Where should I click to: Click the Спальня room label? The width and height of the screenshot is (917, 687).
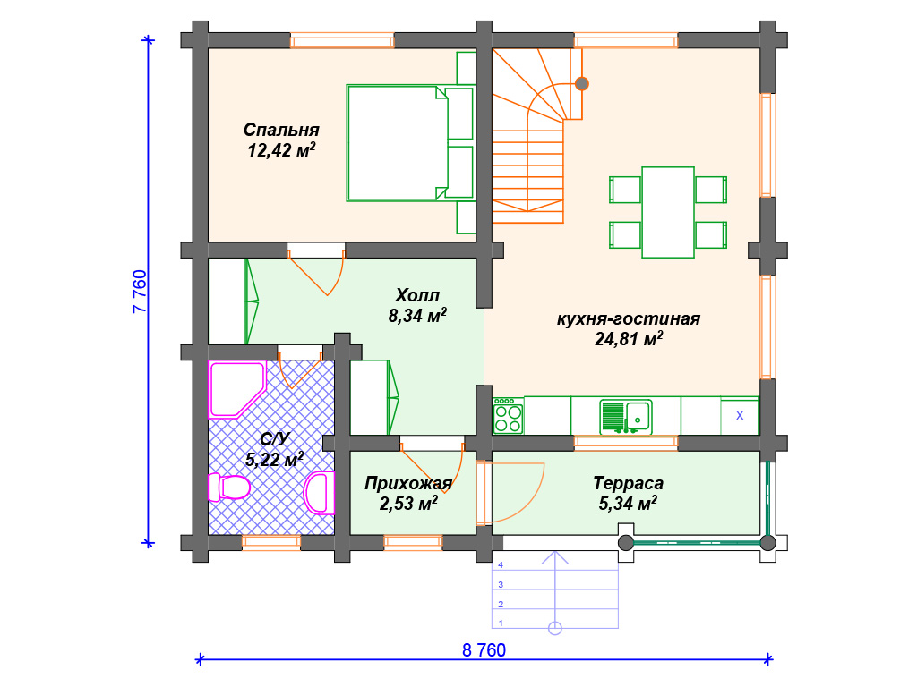coord(281,130)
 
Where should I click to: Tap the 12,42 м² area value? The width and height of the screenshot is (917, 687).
coord(281,150)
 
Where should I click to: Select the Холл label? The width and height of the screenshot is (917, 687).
coord(417,295)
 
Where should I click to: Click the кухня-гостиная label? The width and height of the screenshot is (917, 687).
coord(628,319)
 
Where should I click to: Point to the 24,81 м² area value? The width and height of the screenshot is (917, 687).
coord(629,339)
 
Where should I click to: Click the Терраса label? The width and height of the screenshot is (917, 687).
coord(628,483)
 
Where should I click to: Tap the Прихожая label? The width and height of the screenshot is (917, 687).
coord(408,483)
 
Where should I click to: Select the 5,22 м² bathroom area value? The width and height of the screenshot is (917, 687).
coord(274,459)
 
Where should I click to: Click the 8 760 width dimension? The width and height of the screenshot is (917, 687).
coord(484,650)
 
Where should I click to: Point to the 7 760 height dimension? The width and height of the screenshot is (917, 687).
coord(140,292)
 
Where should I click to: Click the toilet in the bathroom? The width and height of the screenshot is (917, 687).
coord(229,488)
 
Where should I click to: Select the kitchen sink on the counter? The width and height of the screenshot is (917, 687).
coord(626,417)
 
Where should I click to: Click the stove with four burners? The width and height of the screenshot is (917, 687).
coord(509,416)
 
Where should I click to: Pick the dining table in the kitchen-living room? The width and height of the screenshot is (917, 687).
coord(668,212)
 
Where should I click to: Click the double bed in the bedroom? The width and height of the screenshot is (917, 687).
coord(409,143)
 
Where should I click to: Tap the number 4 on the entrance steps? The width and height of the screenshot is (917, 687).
coord(501,565)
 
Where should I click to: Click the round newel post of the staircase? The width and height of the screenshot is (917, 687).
coord(581,83)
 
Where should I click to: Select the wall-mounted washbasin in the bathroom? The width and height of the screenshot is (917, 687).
coord(320,493)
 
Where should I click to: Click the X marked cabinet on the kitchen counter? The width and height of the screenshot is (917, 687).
coord(740,416)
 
